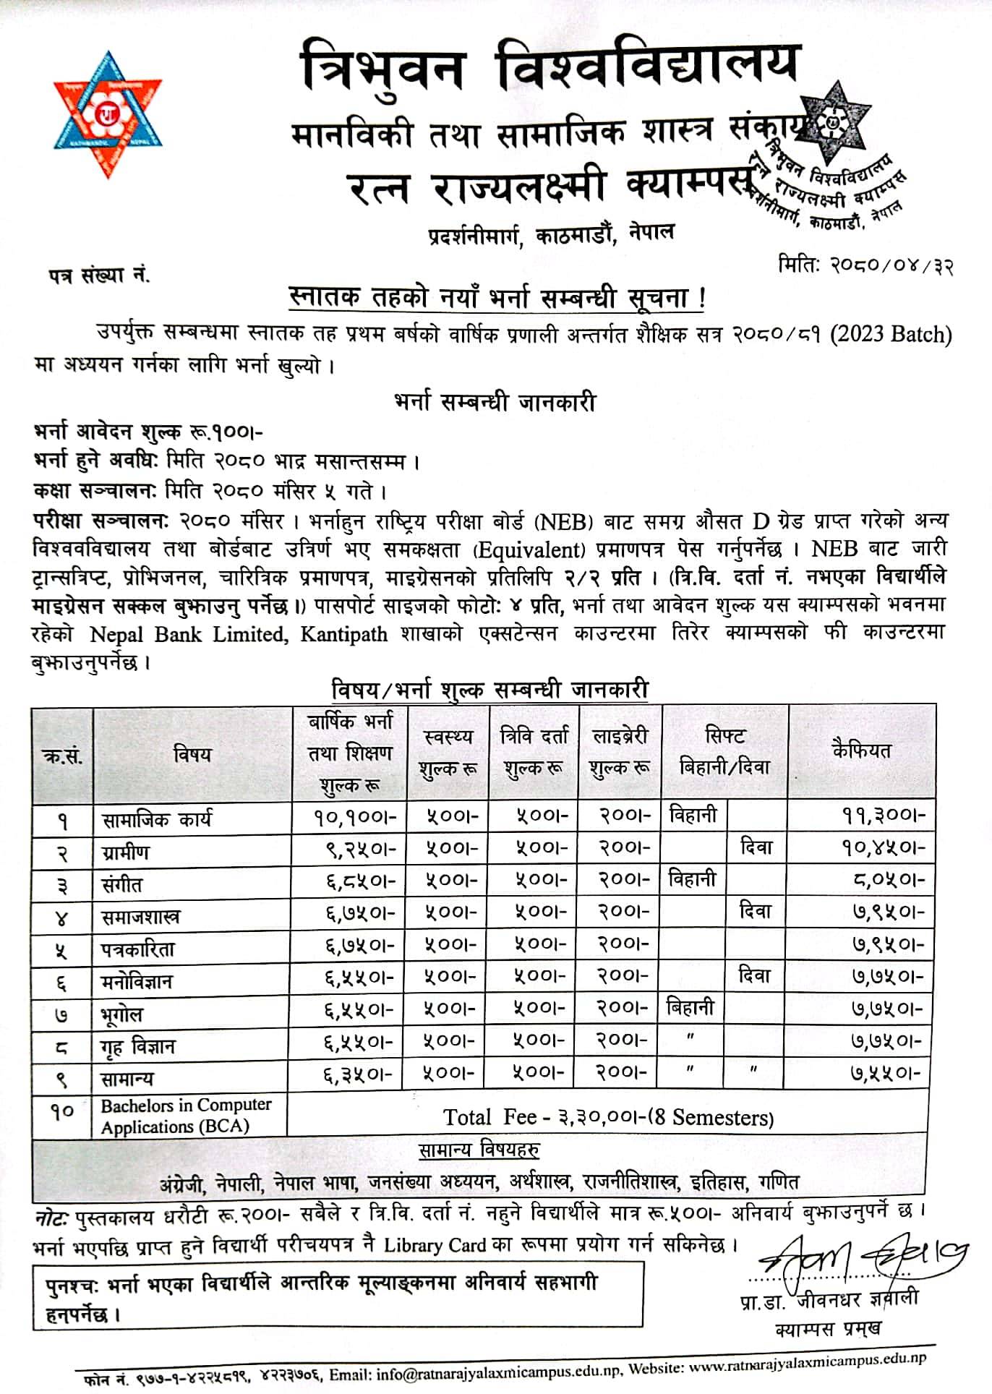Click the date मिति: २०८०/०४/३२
click(x=865, y=266)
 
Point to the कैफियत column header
click(x=861, y=750)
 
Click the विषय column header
click(x=192, y=754)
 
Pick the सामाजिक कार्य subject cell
click(x=157, y=820)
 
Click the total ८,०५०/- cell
click(x=889, y=881)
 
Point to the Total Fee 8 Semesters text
click(x=608, y=1118)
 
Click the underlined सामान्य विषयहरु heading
click(x=478, y=1150)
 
